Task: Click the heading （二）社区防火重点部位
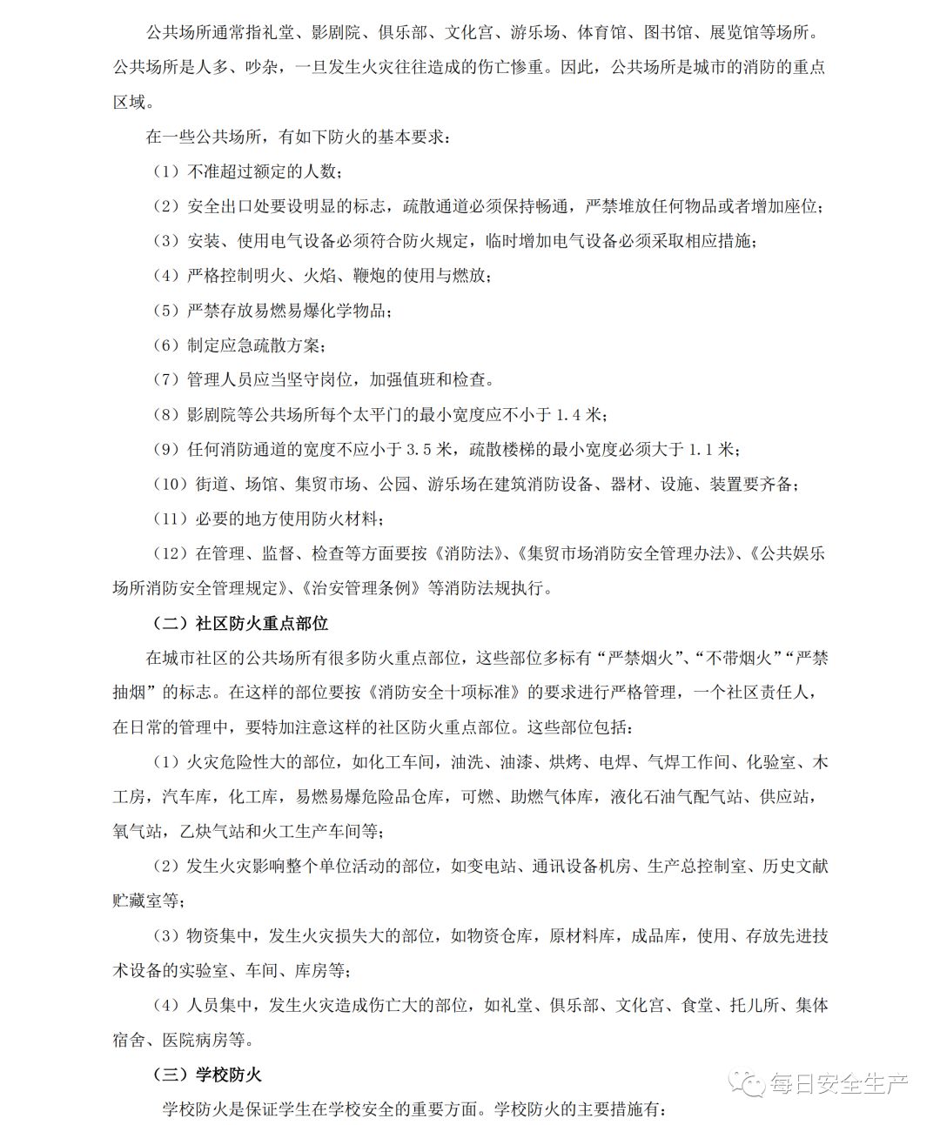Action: coord(241,623)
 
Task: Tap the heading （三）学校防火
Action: coord(208,1075)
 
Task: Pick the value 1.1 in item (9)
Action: coord(701,449)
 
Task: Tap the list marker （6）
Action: coord(165,345)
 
